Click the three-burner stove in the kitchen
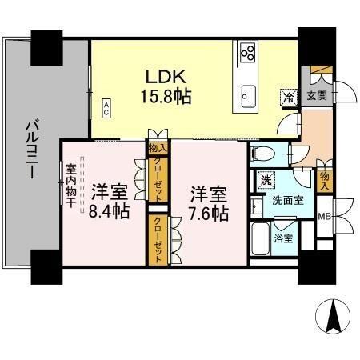pyautogui.click(x=247, y=54)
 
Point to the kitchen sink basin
pyautogui.click(x=246, y=97)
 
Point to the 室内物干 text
pyautogui.click(x=71, y=187)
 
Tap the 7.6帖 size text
pyautogui.click(x=210, y=214)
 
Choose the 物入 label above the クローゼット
pyautogui.click(x=158, y=148)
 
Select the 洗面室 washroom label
pyautogui.click(x=286, y=199)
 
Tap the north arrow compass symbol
pyautogui.click(x=334, y=318)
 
